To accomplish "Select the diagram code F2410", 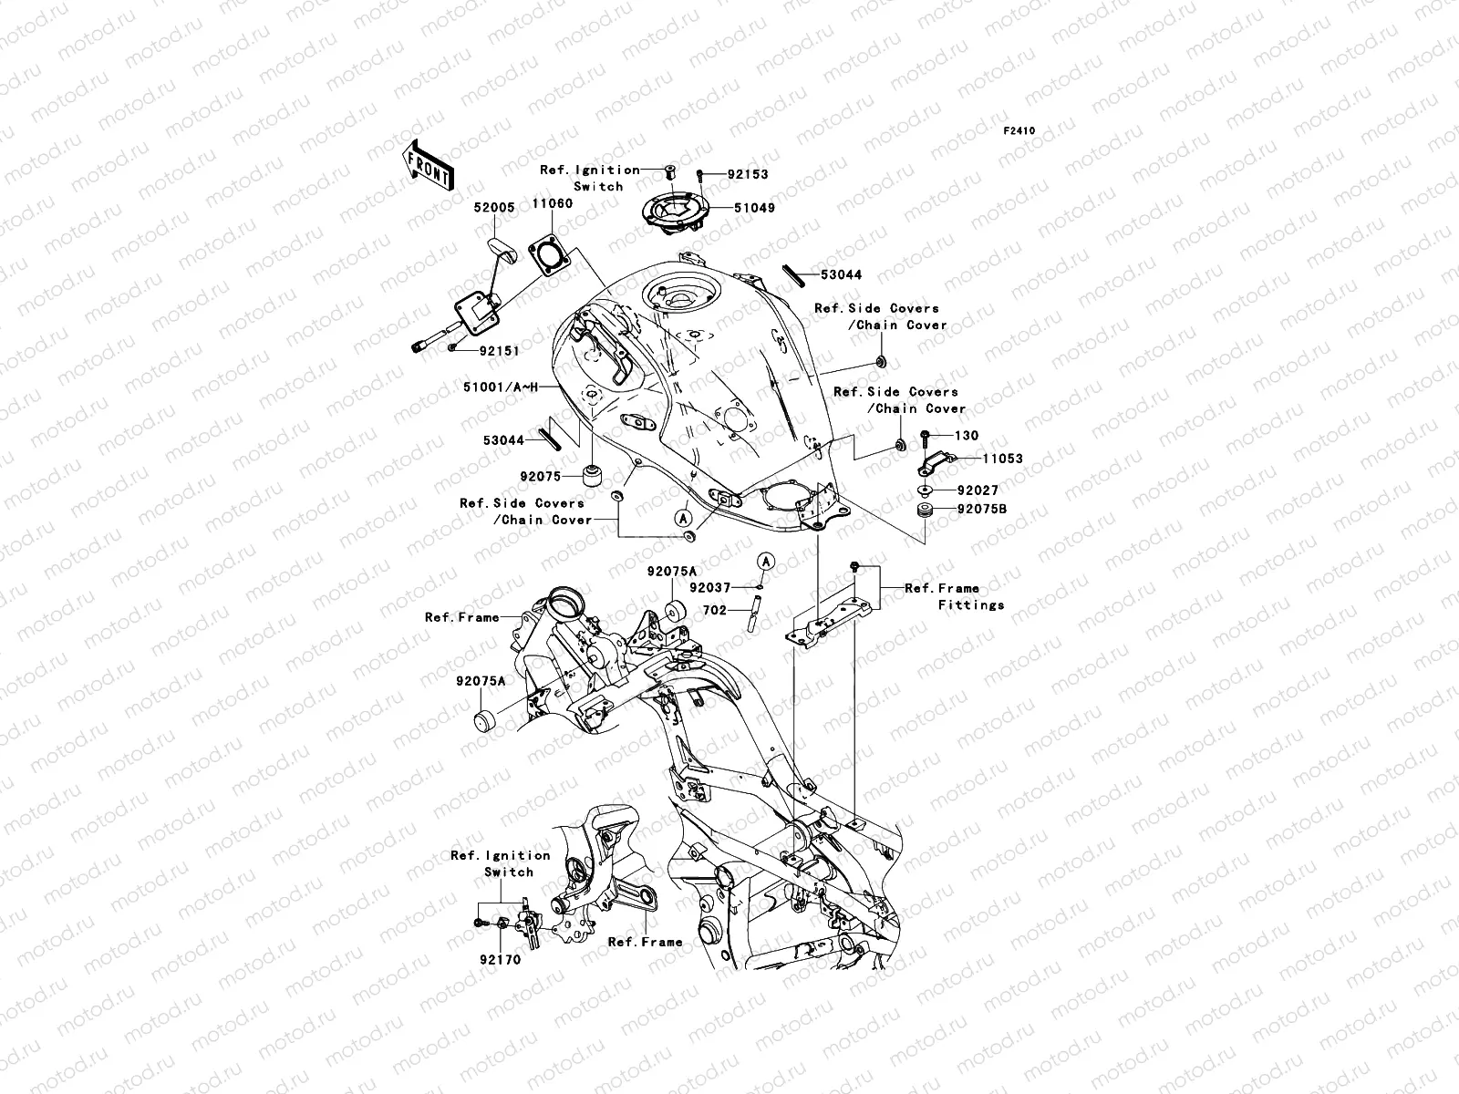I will [1019, 131].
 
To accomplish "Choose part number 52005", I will [493, 208].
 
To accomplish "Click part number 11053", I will [1001, 459].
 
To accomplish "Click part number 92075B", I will [981, 511].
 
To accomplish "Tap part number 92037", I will [709, 588].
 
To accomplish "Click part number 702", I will [715, 610].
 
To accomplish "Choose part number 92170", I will [496, 959].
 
